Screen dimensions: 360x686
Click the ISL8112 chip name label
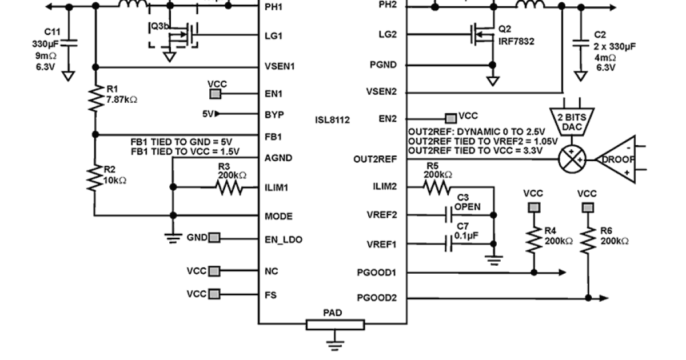tap(332, 120)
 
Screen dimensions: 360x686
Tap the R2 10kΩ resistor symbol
tap(95, 178)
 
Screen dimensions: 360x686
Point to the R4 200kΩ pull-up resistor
tap(534, 240)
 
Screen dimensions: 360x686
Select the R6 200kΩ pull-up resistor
tap(588, 240)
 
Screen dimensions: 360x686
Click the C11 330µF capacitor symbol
tap(69, 42)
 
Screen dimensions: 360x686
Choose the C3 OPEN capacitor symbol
tap(449, 215)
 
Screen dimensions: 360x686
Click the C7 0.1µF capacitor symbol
tap(449, 245)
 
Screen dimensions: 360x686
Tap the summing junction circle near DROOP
tap(572, 159)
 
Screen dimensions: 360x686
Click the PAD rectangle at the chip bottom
tap(334, 325)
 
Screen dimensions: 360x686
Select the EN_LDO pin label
tap(284, 239)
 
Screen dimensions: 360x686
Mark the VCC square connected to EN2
tap(452, 118)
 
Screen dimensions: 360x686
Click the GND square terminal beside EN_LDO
tap(214, 238)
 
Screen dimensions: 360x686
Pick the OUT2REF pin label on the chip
tap(374, 159)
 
